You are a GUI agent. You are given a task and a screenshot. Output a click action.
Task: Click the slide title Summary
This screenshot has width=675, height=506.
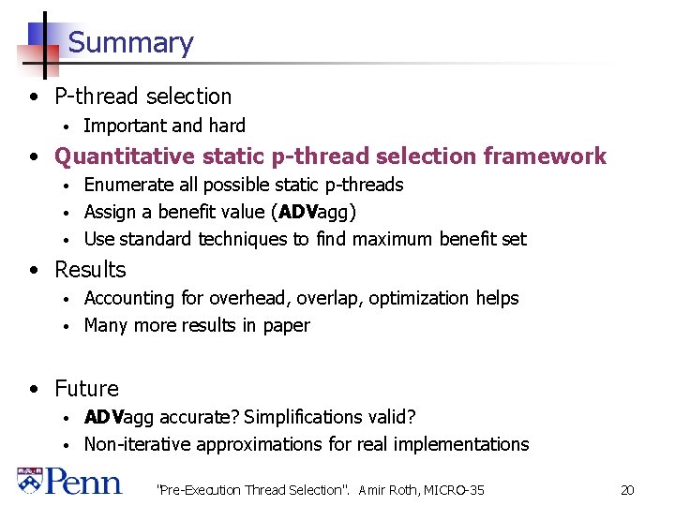pos(130,43)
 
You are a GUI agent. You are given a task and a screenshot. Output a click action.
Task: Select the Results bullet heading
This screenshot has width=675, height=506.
pos(90,270)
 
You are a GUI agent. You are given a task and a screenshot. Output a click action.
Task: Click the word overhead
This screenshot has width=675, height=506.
pos(247,298)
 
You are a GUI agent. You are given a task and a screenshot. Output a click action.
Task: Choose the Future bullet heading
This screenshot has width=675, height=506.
pos(86,389)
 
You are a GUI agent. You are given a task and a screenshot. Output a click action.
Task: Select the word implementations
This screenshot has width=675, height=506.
pos(462,444)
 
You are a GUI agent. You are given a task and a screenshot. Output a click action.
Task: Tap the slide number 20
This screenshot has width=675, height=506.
pos(627,490)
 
